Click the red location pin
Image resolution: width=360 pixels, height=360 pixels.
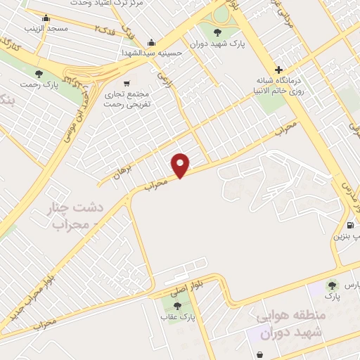click(181, 165)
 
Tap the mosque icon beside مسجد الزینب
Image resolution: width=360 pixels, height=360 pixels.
click(46, 18)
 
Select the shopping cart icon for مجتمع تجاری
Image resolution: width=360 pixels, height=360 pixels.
click(127, 82)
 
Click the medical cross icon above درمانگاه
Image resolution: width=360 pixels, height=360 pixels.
click(279, 70)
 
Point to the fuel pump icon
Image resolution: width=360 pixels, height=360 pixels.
click(349, 225)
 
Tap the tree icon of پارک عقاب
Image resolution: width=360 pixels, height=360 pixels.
click(176, 306)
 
